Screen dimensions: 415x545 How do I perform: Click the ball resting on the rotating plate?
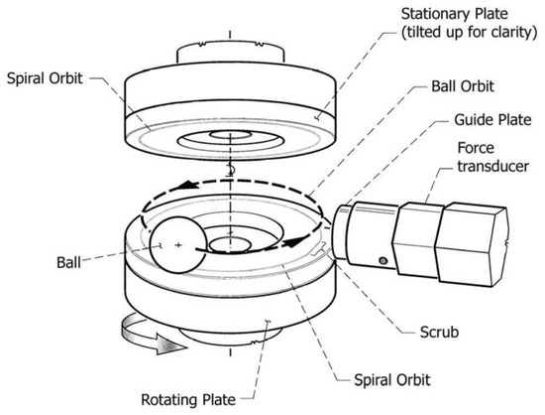176,243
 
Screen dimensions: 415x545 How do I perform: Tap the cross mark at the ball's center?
177,243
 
